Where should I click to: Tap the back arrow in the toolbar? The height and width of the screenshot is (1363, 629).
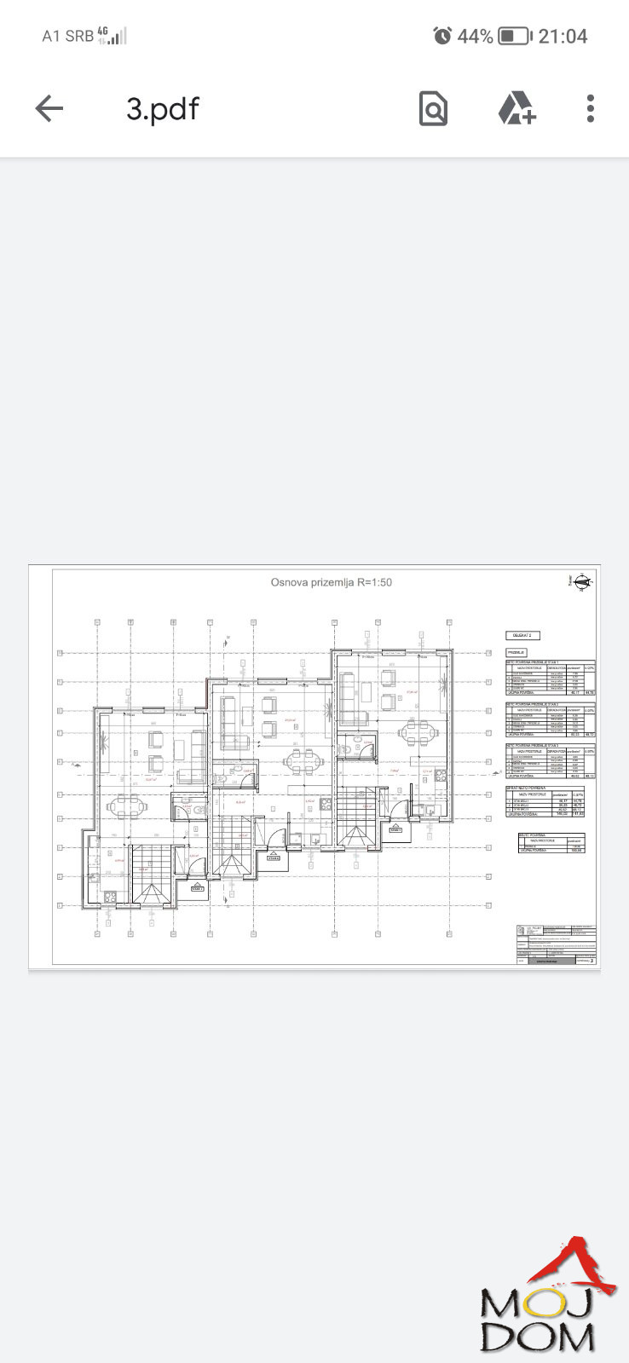(x=49, y=108)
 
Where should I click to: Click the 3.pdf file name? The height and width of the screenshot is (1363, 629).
(x=163, y=109)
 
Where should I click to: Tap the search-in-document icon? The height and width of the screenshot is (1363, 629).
(x=433, y=108)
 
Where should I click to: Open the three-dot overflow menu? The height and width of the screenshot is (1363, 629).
(x=590, y=108)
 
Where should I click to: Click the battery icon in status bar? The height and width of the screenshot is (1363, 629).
(x=514, y=36)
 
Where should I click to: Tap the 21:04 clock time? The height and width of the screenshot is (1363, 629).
(x=563, y=36)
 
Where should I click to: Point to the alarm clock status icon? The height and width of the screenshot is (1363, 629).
(x=442, y=36)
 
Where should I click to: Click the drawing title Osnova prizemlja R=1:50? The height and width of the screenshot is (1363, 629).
(x=331, y=583)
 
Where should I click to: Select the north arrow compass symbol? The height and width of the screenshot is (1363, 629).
(x=584, y=583)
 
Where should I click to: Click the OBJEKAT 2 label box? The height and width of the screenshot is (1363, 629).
(x=522, y=635)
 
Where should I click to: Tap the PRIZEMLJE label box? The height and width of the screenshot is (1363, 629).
(x=516, y=652)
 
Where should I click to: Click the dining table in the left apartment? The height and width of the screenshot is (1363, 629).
(x=124, y=805)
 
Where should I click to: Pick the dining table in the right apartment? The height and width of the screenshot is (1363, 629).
(x=417, y=731)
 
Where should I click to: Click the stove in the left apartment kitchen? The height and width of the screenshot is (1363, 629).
(x=109, y=895)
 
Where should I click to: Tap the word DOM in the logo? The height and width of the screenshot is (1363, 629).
(x=537, y=1337)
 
